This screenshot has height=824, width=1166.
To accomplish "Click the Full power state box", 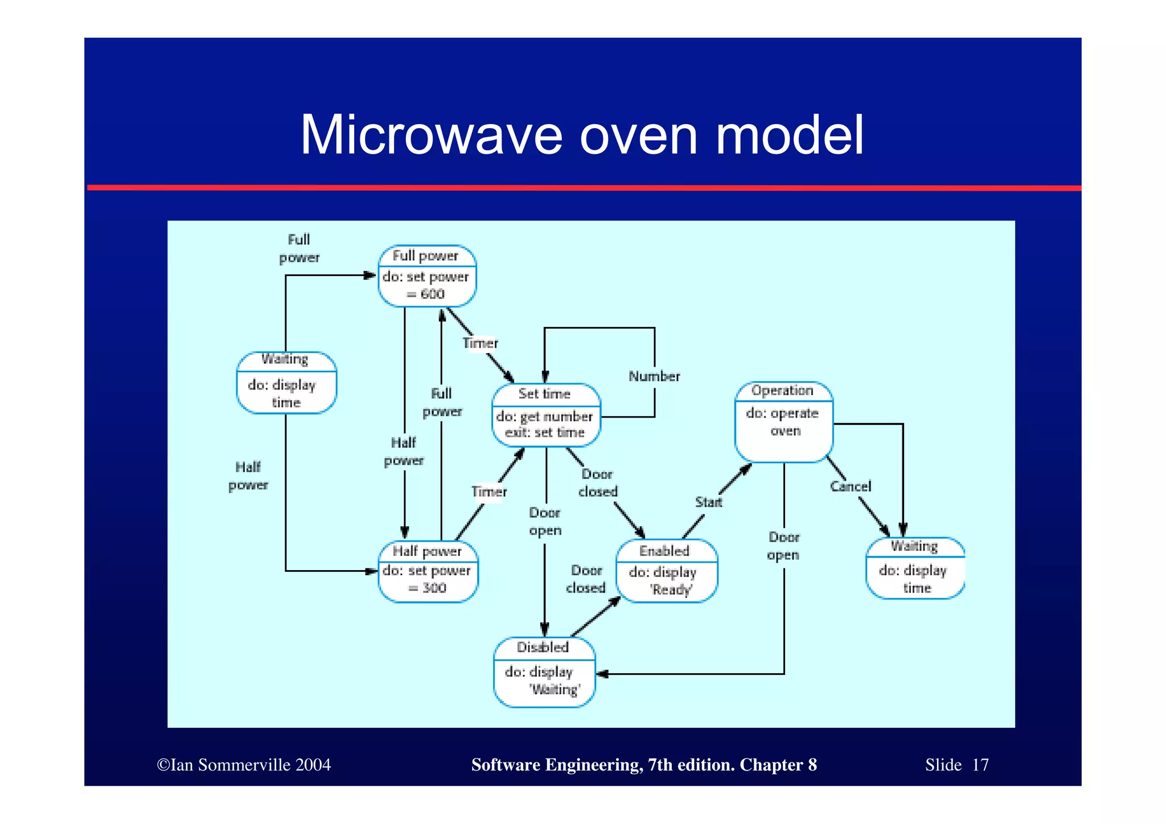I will pyautogui.click(x=426, y=276).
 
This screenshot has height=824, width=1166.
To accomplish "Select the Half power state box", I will pyautogui.click(x=428, y=571).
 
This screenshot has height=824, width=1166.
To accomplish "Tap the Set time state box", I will pyautogui.click(x=545, y=415).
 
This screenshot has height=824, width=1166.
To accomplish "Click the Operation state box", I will pyautogui.click(x=783, y=421).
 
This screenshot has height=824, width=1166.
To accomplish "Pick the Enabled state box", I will pyautogui.click(x=666, y=571).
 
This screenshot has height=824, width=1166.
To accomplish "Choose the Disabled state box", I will pyautogui.click(x=544, y=672).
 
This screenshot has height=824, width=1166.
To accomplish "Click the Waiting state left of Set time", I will pyautogui.click(x=286, y=383).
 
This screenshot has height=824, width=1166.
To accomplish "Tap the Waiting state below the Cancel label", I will pyautogui.click(x=914, y=568).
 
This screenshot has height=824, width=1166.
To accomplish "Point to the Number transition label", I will pyautogui.click(x=654, y=376).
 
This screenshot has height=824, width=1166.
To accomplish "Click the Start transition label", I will pyautogui.click(x=708, y=502).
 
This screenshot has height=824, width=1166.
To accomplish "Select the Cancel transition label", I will pyautogui.click(x=850, y=486).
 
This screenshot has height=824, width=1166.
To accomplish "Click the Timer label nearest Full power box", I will pyautogui.click(x=480, y=343).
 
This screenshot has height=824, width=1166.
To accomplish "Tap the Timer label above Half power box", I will pyautogui.click(x=488, y=491).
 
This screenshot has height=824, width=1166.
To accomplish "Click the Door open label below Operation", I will pyautogui.click(x=783, y=546).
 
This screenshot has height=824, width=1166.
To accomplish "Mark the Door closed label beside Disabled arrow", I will pyautogui.click(x=586, y=579).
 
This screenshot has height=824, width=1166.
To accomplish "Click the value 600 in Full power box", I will pyautogui.click(x=433, y=294).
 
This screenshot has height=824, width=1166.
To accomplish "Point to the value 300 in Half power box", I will pyautogui.click(x=434, y=588).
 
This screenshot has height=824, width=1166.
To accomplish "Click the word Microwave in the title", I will pyautogui.click(x=430, y=136).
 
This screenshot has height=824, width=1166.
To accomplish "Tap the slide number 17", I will pyautogui.click(x=980, y=765).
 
